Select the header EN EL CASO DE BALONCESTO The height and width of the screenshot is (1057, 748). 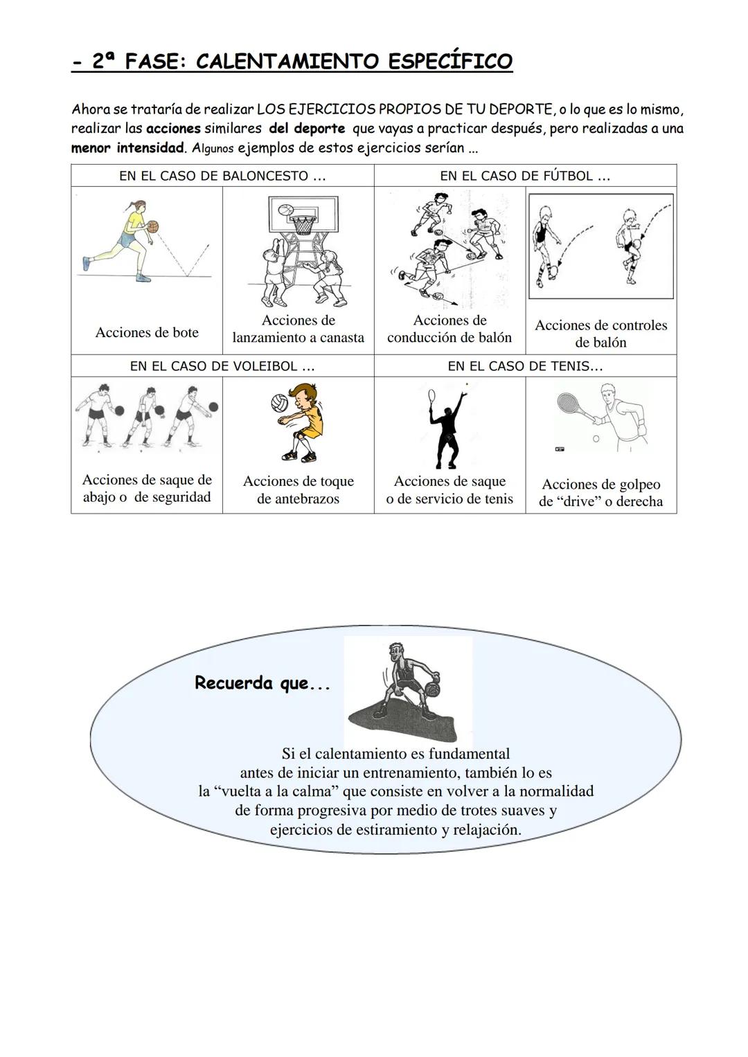click(x=222, y=176)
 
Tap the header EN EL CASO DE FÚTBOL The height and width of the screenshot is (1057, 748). click(x=525, y=176)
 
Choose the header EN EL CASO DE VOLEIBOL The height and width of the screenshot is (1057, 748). click(x=222, y=366)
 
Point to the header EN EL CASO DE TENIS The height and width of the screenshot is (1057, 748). click(x=525, y=366)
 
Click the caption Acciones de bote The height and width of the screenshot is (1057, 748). click(x=147, y=332)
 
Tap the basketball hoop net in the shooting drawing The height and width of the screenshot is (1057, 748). click(x=301, y=225)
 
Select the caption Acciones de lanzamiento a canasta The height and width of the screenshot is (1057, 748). click(x=298, y=329)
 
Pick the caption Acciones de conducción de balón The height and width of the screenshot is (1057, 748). click(x=449, y=329)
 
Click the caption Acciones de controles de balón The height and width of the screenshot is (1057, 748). click(x=601, y=334)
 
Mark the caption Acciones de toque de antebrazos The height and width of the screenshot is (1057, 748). click(x=298, y=489)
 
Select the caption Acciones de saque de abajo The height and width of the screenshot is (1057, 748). click(x=147, y=488)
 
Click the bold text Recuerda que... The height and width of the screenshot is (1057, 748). click(x=262, y=683)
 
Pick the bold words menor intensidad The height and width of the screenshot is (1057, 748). click(x=127, y=147)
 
